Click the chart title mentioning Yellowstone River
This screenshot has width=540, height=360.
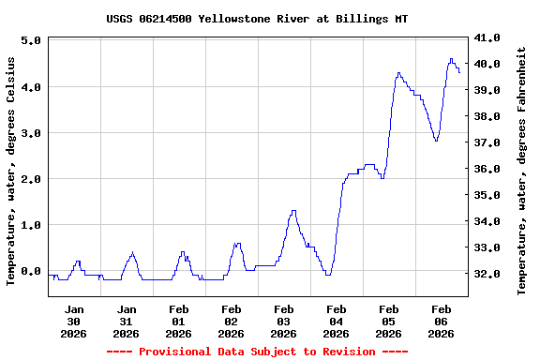270,19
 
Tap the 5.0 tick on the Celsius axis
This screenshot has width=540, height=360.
29,41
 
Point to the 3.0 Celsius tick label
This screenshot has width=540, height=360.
29,133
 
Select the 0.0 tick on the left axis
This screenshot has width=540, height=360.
29,272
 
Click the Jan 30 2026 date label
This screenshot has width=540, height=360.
74,321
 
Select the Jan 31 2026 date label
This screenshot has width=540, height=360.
127,321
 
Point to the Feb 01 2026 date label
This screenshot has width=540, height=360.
179,321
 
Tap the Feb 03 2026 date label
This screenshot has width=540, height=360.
284,321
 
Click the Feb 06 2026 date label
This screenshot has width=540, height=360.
442,321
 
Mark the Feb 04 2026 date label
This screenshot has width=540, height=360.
337,321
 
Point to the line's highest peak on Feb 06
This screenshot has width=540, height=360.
451,59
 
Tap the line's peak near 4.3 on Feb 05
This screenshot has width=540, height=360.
398,72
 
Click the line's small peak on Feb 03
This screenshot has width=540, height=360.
293,211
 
